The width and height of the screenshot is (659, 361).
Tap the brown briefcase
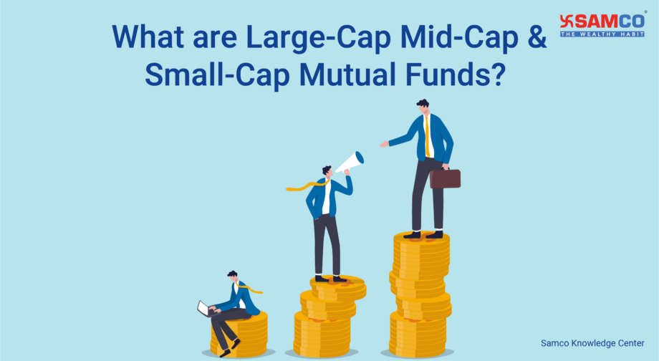pyautogui.click(x=445, y=178)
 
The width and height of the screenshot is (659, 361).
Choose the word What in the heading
pyautogui.click(x=150, y=37)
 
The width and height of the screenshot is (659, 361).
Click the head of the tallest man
pyautogui.click(x=423, y=107)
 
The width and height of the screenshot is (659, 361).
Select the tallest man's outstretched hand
pyautogui.click(x=384, y=144)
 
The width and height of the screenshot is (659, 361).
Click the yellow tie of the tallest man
pyautogui.click(x=428, y=136)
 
